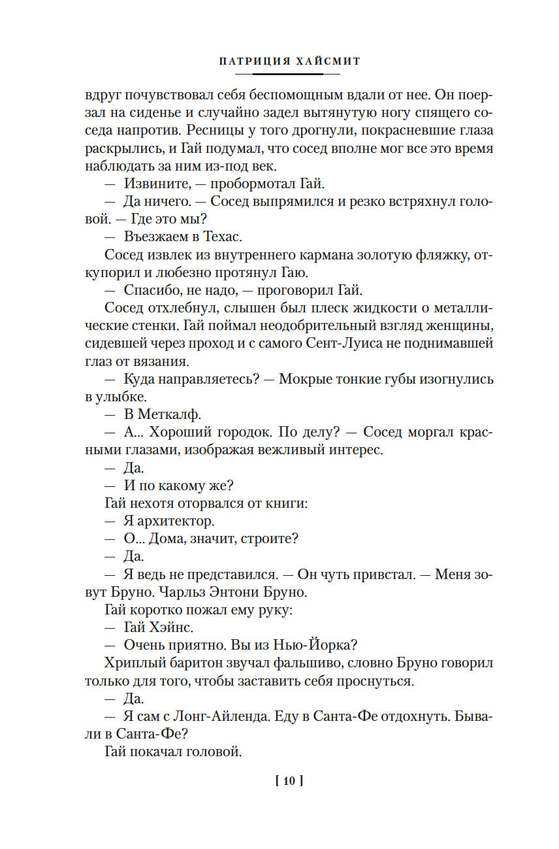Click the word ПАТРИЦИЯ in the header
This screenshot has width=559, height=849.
pyautogui.click(x=248, y=61)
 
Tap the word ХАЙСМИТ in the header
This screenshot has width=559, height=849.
pyautogui.click(x=328, y=61)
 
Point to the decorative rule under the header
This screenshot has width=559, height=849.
pyautogui.click(x=288, y=74)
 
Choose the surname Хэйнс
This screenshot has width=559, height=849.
pyautogui.click(x=172, y=627)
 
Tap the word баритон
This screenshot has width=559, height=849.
pyautogui.click(x=184, y=663)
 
